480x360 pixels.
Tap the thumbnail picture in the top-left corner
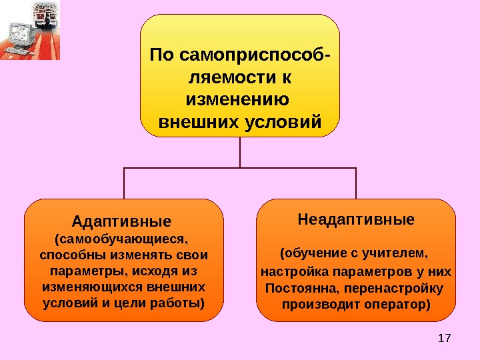(30, 30)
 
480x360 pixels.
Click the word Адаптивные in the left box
(121, 220)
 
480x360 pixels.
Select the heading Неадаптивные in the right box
(356, 219)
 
